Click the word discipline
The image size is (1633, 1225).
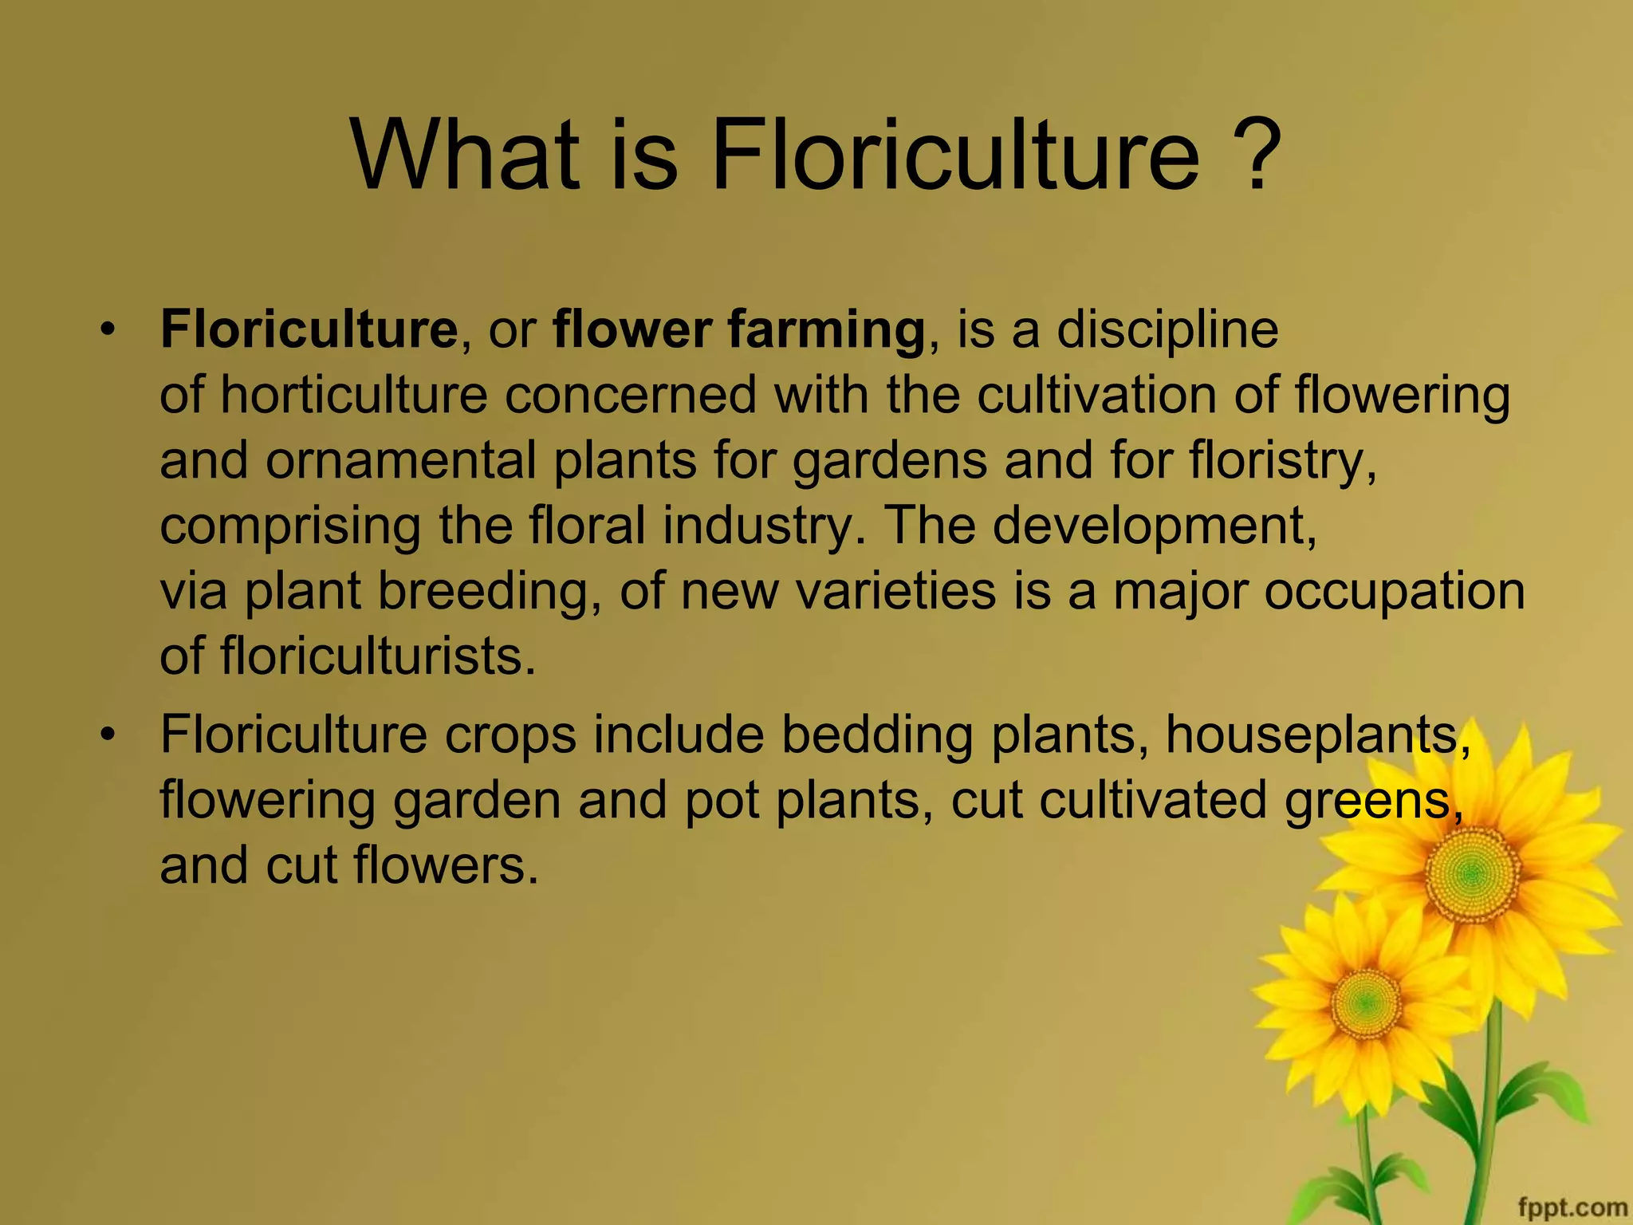1167,330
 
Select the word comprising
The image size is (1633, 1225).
290,527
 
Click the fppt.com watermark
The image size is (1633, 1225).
1572,1207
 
